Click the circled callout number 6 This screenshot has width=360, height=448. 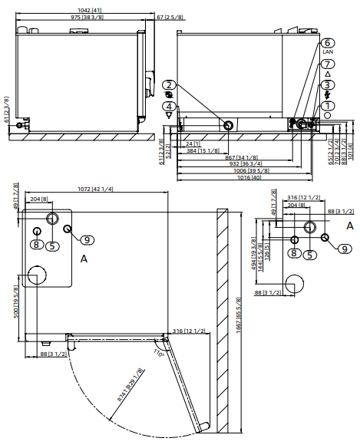pos(328,42)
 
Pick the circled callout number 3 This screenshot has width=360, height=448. pos(328,85)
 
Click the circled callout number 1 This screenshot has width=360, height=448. pos(328,105)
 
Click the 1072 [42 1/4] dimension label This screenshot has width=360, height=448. pos(95,189)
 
